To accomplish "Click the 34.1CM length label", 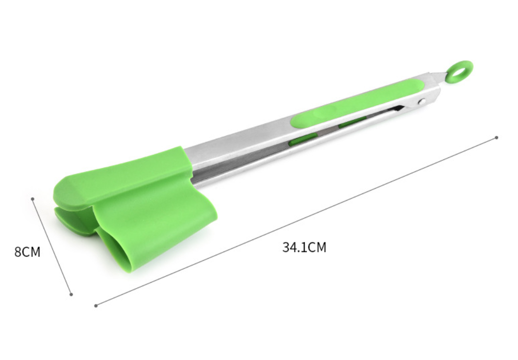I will pos(304,248).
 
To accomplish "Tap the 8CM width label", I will pos(27,252).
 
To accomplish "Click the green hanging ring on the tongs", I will pos(459,71).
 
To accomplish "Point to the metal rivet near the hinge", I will pos(421,102).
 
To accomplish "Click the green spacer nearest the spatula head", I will pos(303,140).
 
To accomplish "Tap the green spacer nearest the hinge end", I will pos(352,123).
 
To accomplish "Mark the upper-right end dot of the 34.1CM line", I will pos(496,137).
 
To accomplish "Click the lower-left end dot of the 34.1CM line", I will pos(96,305).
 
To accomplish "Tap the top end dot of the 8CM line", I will pos(33,198).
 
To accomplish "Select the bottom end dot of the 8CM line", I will pos(71,294).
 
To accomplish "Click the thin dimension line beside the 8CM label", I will pos(52,246).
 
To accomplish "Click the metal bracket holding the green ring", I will pos(438,77).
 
